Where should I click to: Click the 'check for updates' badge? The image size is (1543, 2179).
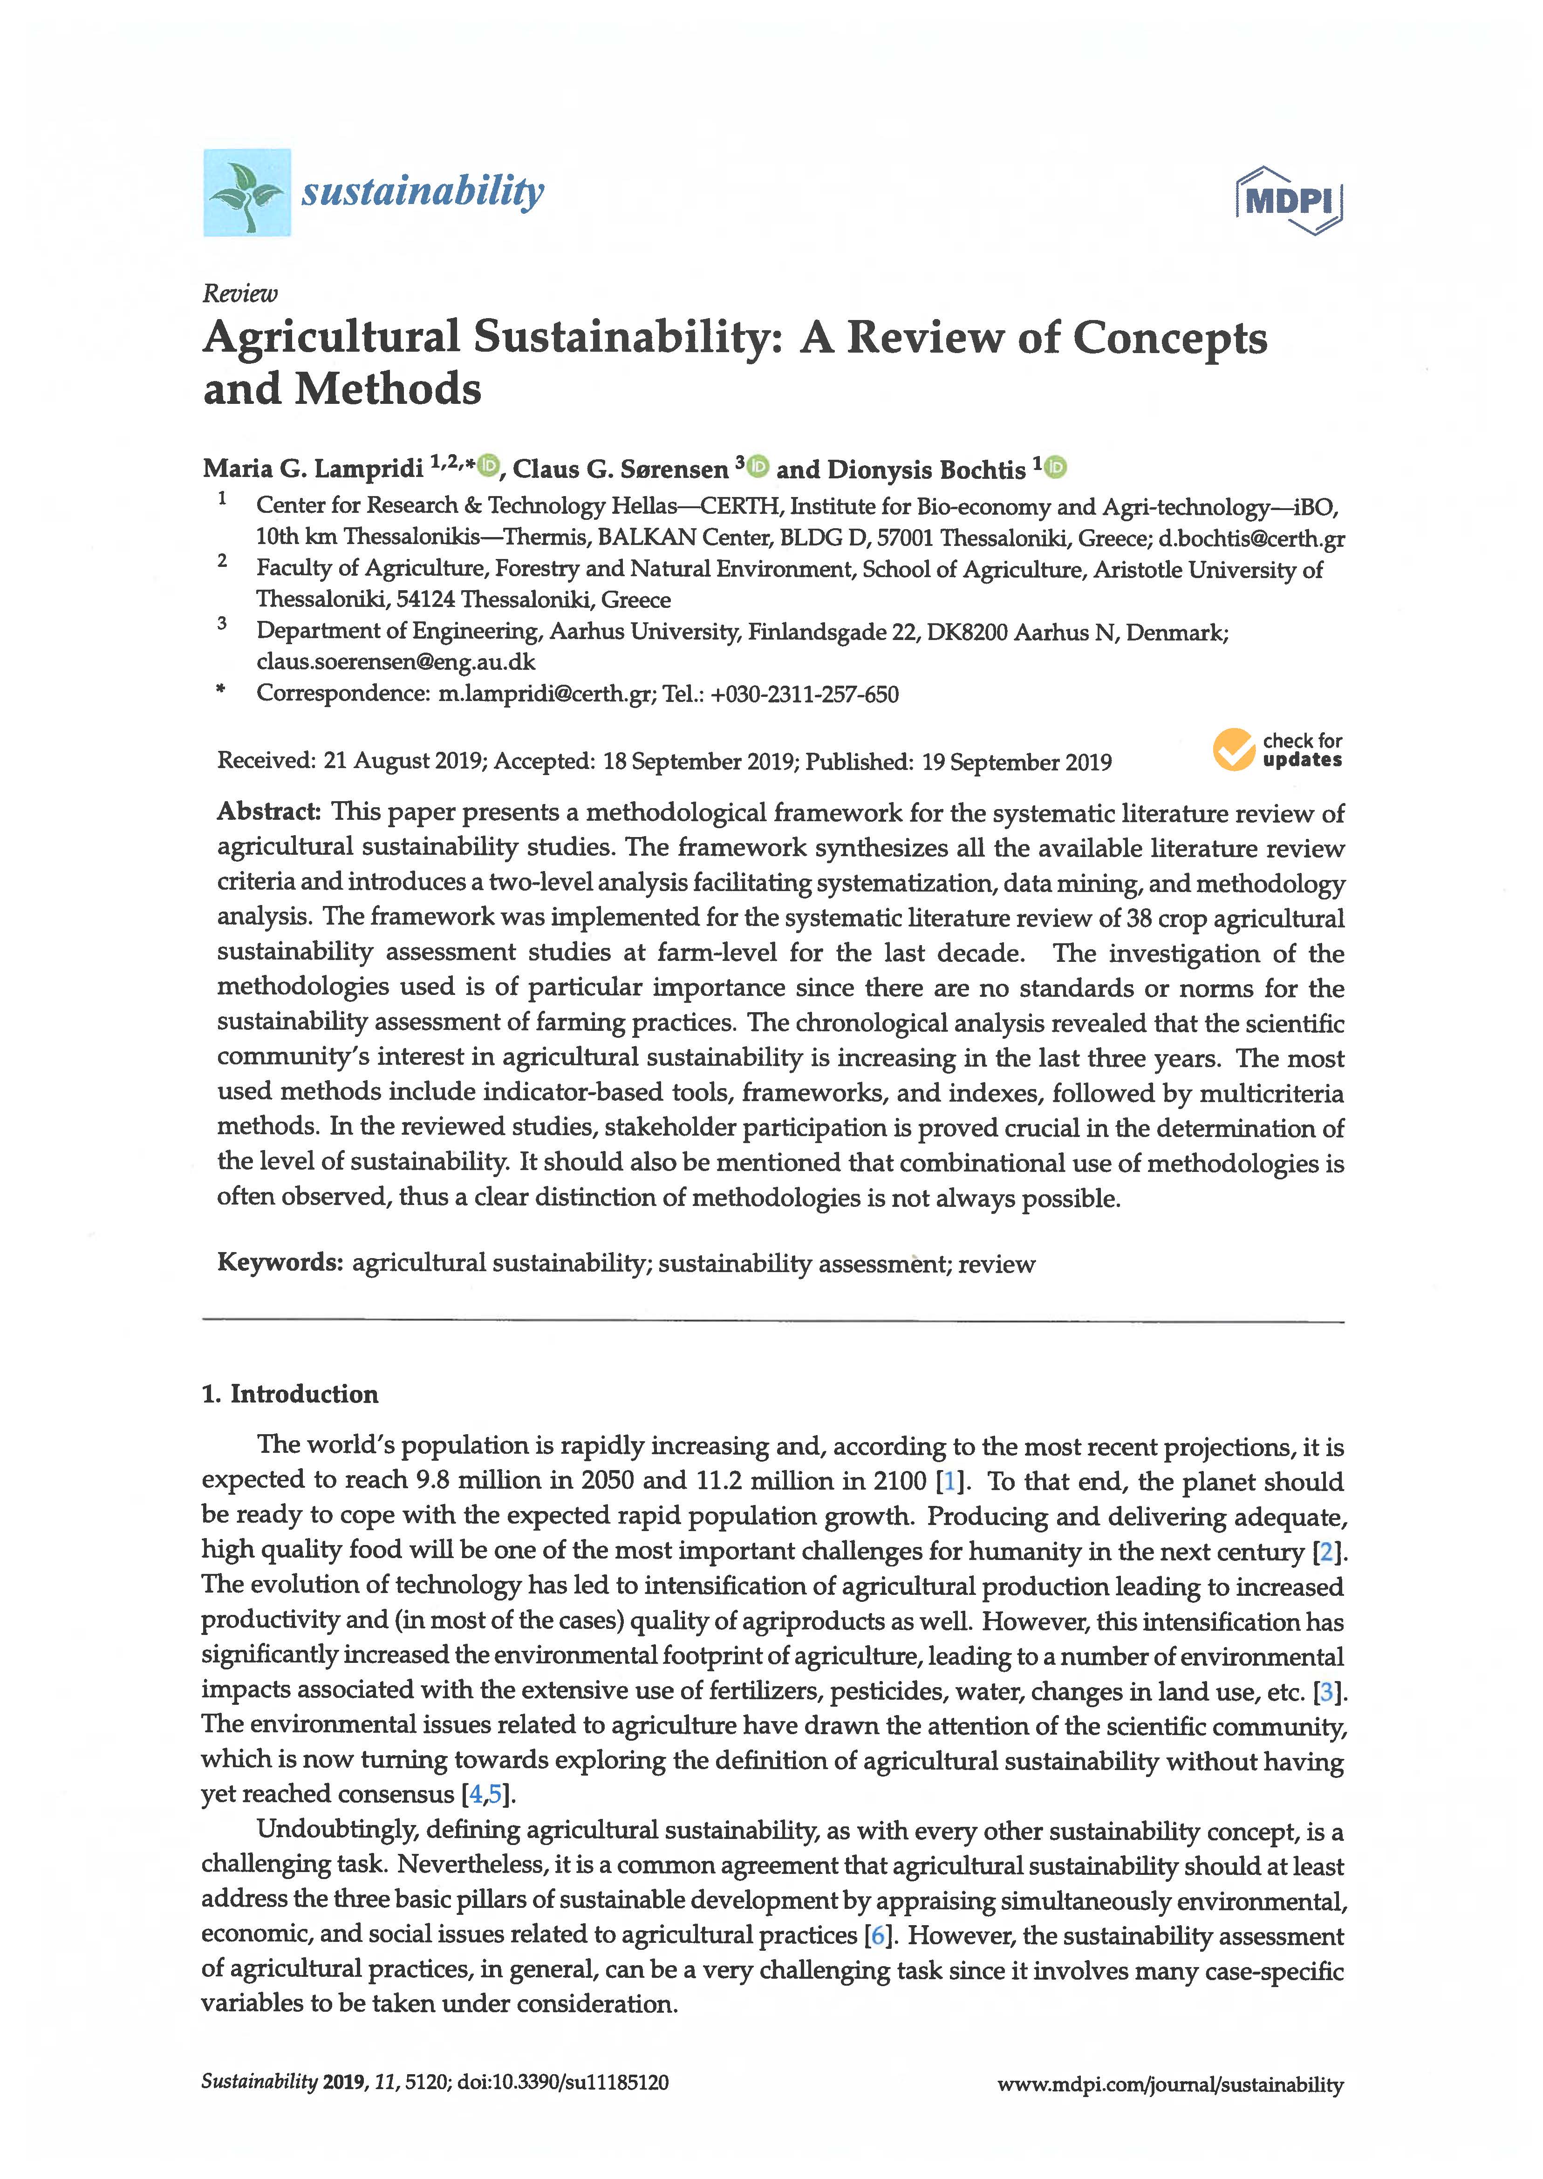[1277, 750]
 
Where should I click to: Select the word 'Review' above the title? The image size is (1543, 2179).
[239, 293]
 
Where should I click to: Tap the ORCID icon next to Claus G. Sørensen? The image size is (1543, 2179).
[758, 465]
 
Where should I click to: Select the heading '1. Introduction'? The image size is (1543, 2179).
[290, 1394]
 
